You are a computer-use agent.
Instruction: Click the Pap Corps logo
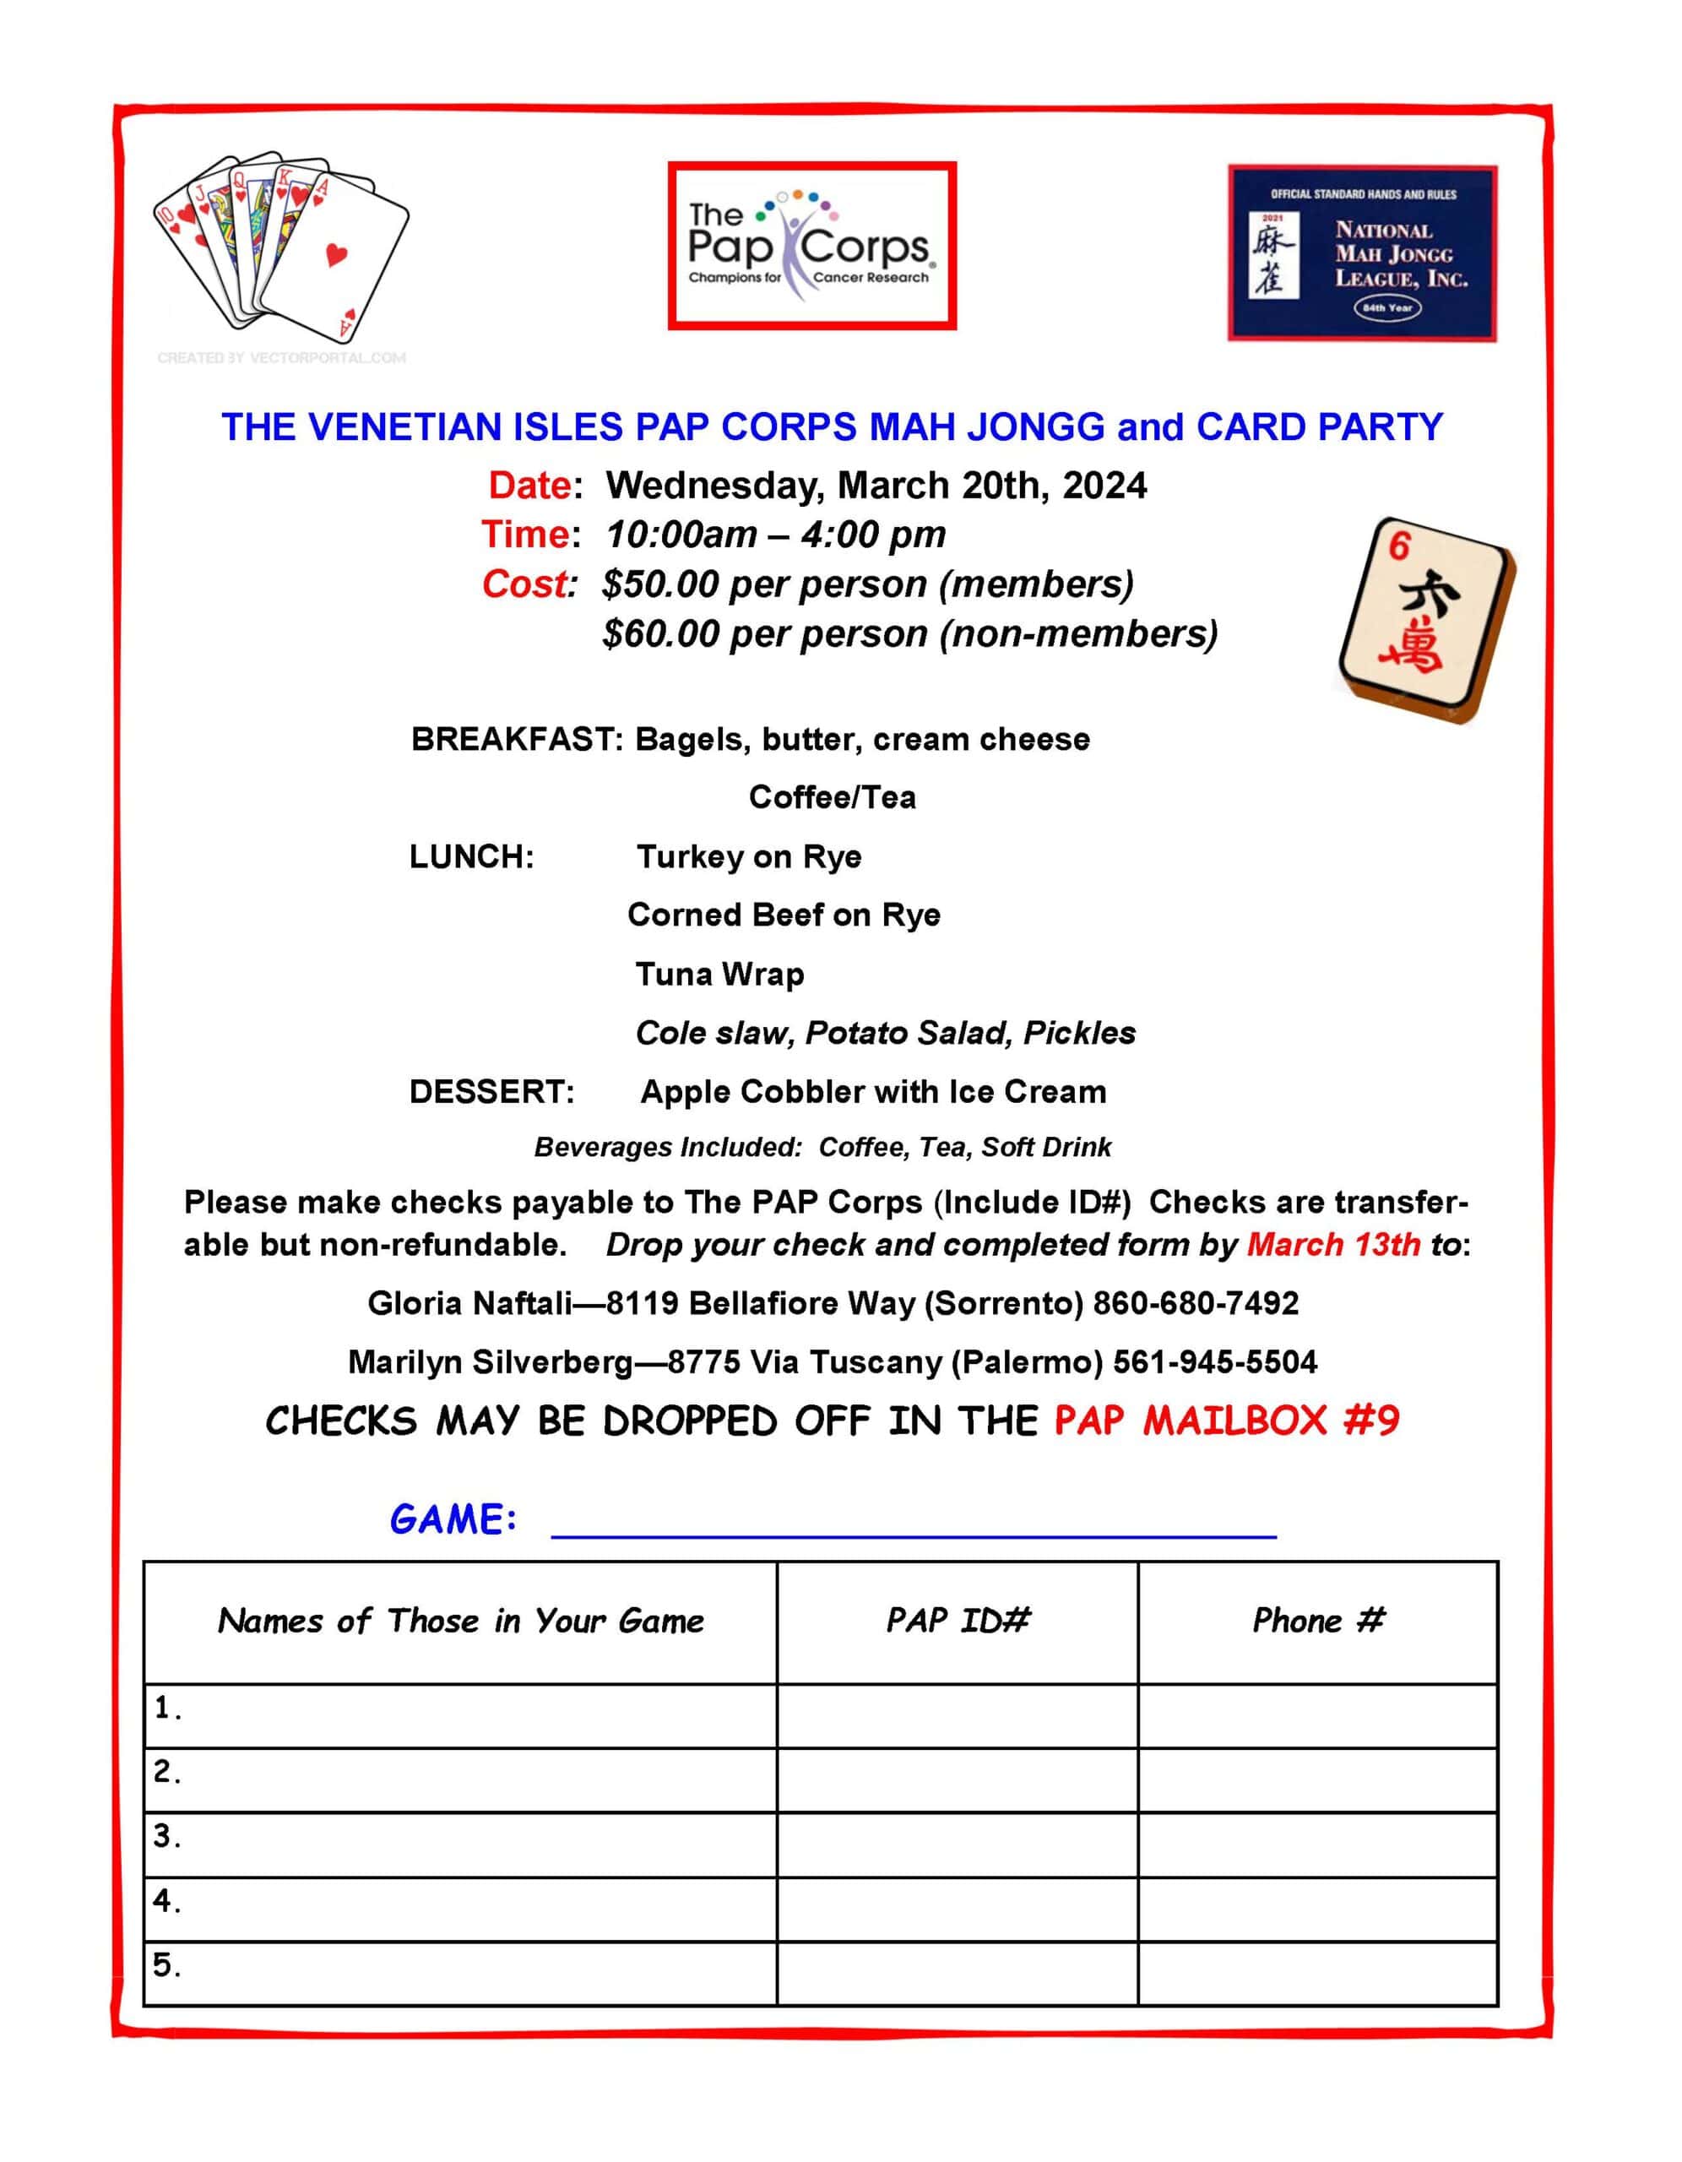point(811,246)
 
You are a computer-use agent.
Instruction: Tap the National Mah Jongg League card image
point(1362,253)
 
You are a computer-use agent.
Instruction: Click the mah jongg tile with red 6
point(1425,620)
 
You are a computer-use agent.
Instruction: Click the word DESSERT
point(492,1092)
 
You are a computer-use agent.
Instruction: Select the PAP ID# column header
point(958,1621)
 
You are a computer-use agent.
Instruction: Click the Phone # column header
point(1318,1621)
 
